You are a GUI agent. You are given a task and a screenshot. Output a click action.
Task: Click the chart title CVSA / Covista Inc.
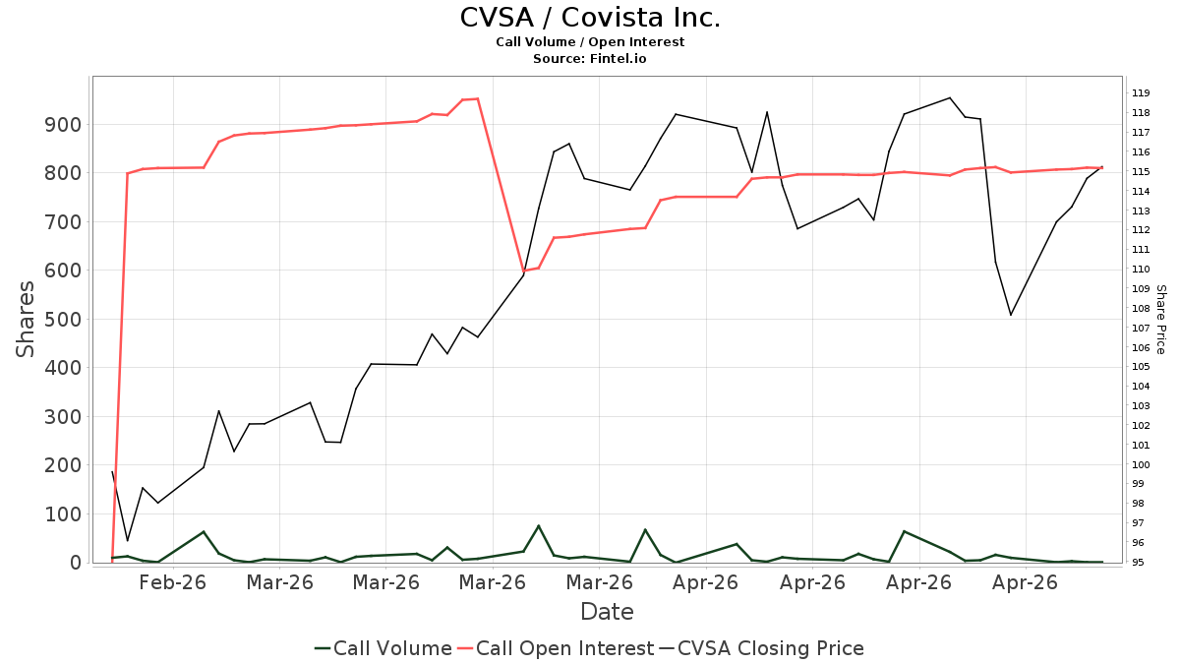click(x=590, y=18)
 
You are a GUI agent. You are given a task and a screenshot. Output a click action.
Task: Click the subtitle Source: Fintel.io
click(x=589, y=58)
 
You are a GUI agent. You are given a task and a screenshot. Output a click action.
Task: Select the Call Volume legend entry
click(x=383, y=648)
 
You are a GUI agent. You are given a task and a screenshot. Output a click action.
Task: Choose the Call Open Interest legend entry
click(x=556, y=648)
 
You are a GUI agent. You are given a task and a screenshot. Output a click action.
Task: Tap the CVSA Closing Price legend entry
click(x=762, y=648)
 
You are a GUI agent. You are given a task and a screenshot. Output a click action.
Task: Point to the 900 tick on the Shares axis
click(x=63, y=125)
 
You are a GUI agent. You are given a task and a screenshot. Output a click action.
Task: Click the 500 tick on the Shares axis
click(x=63, y=320)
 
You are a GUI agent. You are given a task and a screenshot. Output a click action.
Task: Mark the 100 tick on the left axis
click(x=63, y=513)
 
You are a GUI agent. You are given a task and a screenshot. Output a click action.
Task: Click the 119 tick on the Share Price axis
click(x=1141, y=93)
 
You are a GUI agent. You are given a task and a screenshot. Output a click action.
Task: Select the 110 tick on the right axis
click(x=1141, y=270)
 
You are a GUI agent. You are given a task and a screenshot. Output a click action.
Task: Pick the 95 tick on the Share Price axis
click(x=1139, y=563)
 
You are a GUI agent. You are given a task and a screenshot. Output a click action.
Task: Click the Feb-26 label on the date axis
click(x=172, y=582)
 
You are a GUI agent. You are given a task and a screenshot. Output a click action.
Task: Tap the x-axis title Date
click(x=607, y=612)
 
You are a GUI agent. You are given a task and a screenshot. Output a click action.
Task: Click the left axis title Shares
click(x=25, y=320)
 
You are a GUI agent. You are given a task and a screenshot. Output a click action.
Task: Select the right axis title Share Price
click(x=1161, y=320)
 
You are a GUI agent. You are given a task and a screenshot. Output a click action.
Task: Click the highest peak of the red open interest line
click(x=477, y=98)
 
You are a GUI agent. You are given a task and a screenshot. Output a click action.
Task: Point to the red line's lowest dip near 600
click(x=523, y=271)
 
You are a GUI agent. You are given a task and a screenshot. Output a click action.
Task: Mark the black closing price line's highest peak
click(x=950, y=97)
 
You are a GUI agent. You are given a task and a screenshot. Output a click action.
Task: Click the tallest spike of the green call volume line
click(x=539, y=525)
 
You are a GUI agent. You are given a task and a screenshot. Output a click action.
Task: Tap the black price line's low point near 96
click(x=127, y=541)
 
